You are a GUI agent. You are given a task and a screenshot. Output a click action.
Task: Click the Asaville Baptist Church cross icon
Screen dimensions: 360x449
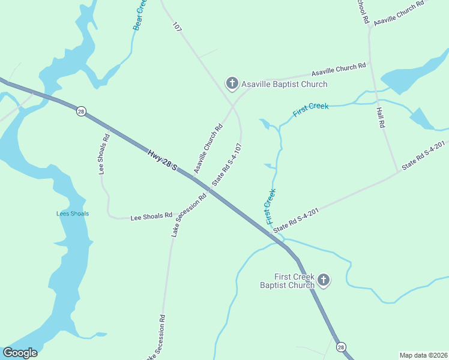tap(232, 83)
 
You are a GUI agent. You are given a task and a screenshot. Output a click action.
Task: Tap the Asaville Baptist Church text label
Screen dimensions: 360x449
tap(285, 84)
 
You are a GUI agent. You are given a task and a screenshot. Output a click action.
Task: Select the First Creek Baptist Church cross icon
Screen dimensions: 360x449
tap(324, 280)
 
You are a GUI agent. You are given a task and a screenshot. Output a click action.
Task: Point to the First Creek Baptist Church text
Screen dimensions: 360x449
tap(286, 281)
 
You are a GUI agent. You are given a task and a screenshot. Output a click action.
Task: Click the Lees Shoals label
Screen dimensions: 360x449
tap(72, 214)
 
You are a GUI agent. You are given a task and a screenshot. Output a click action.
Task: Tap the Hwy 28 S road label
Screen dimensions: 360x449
tap(162, 160)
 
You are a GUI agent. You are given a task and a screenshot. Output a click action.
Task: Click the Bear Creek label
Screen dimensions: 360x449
tap(139, 16)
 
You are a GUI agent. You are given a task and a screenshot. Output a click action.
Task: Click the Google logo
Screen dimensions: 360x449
tap(20, 353)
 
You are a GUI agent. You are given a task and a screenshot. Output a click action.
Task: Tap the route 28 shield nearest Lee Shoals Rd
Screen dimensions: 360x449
tap(81, 110)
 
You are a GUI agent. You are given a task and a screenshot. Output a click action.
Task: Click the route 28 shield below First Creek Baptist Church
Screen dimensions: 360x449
tap(341, 347)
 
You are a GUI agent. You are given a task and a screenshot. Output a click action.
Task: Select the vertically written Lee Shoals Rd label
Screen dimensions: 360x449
tap(104, 154)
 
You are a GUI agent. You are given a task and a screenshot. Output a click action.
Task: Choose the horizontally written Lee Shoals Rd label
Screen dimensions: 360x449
tap(151, 216)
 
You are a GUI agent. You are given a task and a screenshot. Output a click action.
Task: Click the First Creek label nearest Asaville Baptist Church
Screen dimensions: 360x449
tap(310, 110)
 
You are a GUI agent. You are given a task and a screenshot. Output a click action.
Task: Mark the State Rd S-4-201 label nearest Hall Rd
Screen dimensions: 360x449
tap(423, 155)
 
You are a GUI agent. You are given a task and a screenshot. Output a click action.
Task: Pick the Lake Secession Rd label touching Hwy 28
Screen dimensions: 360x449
tap(188, 215)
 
